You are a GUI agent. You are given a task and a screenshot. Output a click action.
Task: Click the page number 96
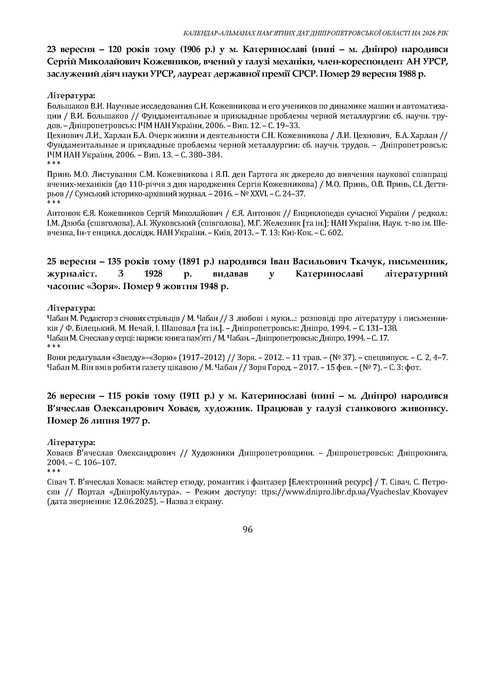[248, 529]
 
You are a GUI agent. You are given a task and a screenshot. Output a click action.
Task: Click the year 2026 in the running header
[430, 33]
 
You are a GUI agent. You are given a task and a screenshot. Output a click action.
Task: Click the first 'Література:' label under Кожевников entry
[71, 96]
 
